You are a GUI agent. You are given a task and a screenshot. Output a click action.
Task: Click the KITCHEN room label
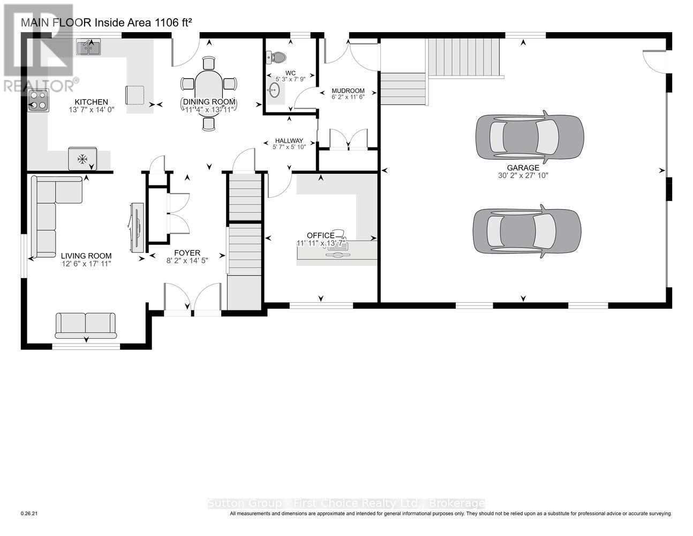point(91,102)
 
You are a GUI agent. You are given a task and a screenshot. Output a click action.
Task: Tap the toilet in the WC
point(277,57)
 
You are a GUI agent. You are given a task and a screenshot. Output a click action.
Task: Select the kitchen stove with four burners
point(39,100)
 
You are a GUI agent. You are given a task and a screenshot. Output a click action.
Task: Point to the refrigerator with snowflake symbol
point(82,158)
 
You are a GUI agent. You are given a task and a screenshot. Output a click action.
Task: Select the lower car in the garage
point(526,230)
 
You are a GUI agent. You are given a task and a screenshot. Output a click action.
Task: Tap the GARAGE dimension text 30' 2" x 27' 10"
point(523,175)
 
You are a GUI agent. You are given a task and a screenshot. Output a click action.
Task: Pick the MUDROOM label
point(348,91)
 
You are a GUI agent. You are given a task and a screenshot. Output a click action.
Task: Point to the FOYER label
point(187,253)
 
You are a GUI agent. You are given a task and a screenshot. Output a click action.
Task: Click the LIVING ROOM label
point(86,256)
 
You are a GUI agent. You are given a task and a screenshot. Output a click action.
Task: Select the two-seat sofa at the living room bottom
point(86,325)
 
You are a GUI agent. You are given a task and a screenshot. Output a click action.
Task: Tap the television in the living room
point(136,227)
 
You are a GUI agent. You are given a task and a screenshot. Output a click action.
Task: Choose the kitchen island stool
point(135,95)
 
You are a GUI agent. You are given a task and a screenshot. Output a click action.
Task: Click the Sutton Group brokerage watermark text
point(346,503)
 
